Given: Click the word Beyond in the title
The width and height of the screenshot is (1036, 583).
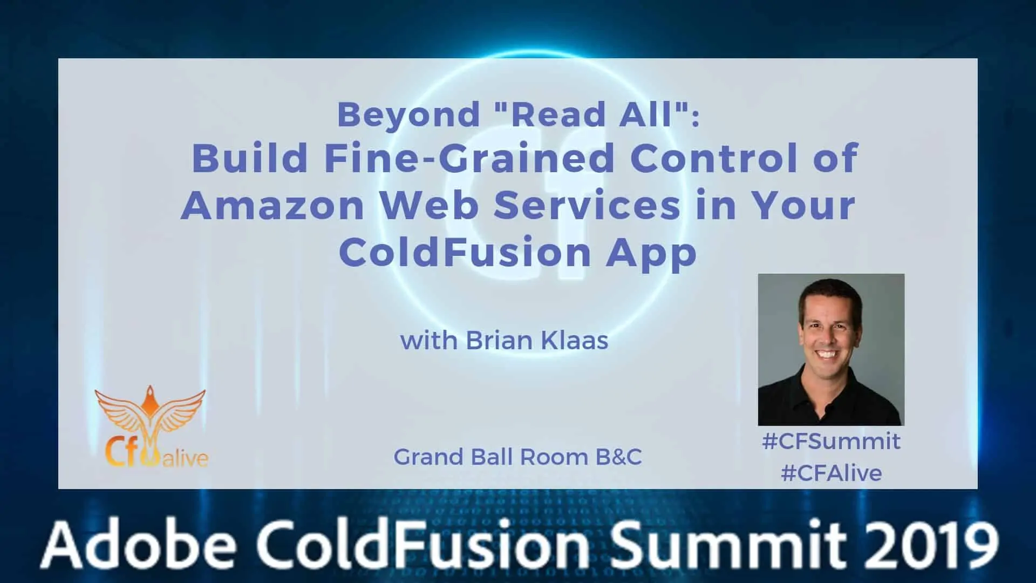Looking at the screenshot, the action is point(408,114).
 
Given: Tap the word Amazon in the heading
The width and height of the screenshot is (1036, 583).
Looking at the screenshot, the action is point(272,206).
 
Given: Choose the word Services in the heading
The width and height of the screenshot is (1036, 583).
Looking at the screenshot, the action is point(587,206).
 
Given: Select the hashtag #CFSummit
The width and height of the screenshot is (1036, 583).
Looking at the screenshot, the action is point(831,442).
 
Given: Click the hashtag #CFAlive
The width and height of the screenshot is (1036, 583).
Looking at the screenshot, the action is point(831,473).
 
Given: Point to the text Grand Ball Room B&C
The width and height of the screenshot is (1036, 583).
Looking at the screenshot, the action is point(517,457).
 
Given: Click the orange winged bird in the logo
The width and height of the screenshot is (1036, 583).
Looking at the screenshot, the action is point(150,416).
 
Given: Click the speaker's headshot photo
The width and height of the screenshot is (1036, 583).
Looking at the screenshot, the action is point(831,349).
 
